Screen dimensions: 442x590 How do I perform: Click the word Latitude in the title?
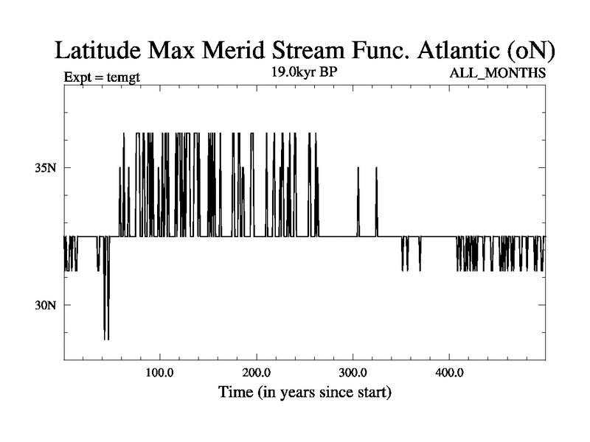pos(101,52)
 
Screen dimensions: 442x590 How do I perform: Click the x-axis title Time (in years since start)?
pos(305,393)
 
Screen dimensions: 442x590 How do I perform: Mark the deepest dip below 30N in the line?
pos(106,337)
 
